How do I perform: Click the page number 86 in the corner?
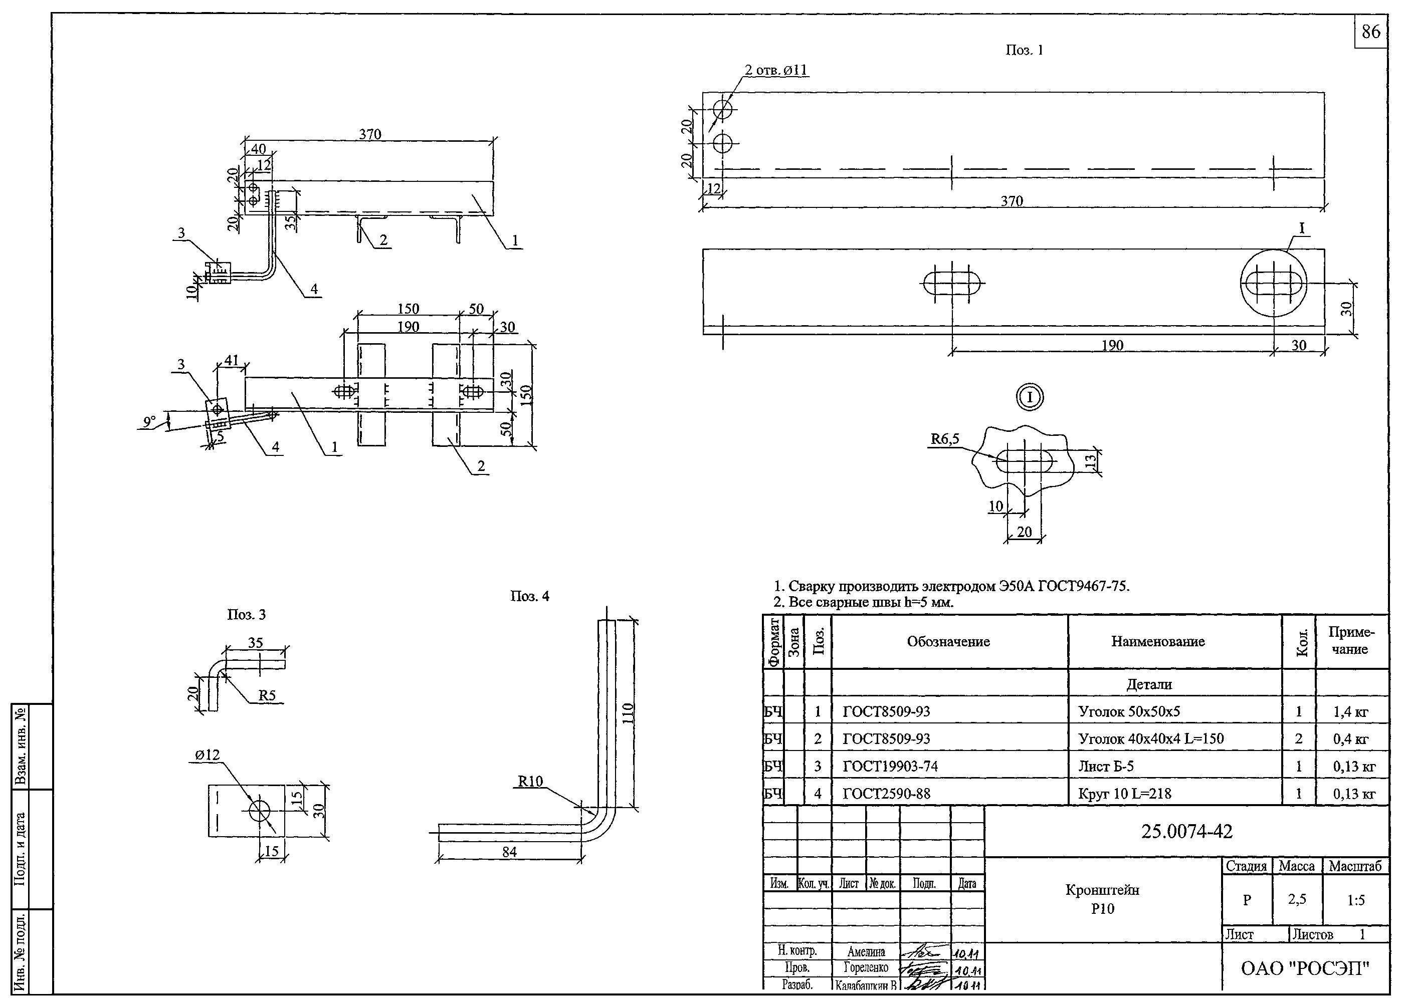[x=1370, y=32]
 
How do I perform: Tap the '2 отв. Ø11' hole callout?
[x=776, y=70]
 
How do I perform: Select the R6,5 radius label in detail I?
[x=945, y=439]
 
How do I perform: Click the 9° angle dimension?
[x=149, y=421]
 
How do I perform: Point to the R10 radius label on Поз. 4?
[x=530, y=781]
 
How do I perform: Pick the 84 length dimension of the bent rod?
[x=509, y=852]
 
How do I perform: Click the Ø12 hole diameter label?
[x=208, y=755]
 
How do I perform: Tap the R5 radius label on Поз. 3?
[x=267, y=695]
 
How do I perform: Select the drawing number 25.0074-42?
[x=1186, y=832]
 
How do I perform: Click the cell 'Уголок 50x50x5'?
[x=1129, y=711]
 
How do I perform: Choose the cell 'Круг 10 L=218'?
[x=1125, y=794]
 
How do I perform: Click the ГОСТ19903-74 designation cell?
[x=890, y=767]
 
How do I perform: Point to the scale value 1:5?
[x=1355, y=900]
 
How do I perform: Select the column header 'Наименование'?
[x=1158, y=642]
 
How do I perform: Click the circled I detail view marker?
[x=1030, y=397]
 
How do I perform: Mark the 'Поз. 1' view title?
[x=1024, y=50]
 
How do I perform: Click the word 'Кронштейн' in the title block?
[x=1102, y=890]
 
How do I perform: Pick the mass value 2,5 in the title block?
[x=1297, y=899]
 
